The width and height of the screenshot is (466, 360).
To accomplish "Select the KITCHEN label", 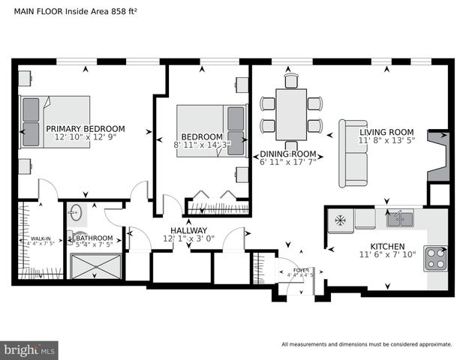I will (x=387, y=246).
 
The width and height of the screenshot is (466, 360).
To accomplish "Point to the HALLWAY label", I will (x=188, y=230).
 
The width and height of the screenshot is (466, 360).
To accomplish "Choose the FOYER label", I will (x=300, y=269).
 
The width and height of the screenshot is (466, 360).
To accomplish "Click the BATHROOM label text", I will (x=94, y=238).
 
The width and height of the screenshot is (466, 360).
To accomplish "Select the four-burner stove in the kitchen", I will (x=435, y=258).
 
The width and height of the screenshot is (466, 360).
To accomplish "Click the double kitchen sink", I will (x=399, y=219).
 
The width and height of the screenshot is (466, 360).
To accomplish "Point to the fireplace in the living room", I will (x=438, y=155).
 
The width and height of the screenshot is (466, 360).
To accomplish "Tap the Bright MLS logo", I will (x=29, y=349).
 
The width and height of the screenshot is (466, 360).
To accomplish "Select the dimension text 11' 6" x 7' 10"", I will (x=387, y=255).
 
